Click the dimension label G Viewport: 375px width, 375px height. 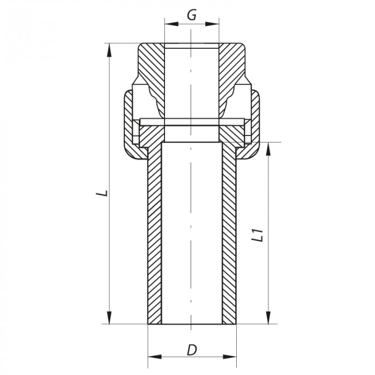pos(191,14)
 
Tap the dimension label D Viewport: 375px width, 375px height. pos(191,350)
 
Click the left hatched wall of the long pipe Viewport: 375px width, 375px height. pos(154,236)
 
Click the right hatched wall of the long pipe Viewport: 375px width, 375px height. pos(229,236)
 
